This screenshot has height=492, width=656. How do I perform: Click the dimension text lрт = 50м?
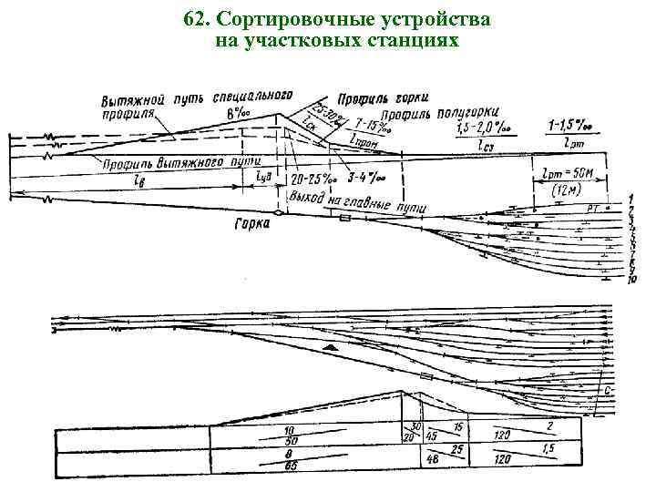tap(569, 173)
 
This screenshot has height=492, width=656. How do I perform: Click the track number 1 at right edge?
tap(630, 199)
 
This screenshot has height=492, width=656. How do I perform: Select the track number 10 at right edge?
tap(630, 280)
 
